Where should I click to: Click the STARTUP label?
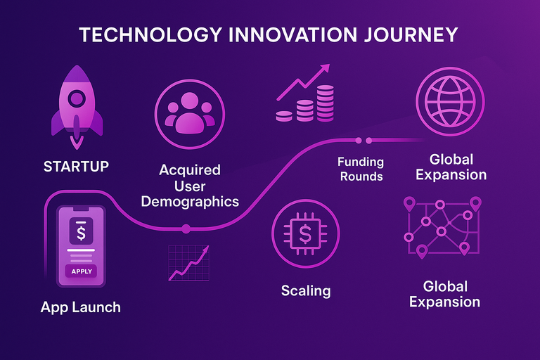pos(76,167)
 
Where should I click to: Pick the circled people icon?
pos(190,110)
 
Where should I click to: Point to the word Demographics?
pos(190,201)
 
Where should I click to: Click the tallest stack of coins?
pos(326,101)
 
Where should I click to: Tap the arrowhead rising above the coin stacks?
pos(324,69)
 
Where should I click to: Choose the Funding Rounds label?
pos(361,169)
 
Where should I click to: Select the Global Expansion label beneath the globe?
pos(451,167)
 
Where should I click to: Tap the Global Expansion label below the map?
pos(444,294)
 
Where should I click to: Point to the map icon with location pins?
pos(442,226)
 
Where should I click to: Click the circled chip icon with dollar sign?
pos(305,234)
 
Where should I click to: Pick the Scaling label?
pos(306,290)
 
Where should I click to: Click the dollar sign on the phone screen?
pos(82,230)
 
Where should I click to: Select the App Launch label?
pos(80,307)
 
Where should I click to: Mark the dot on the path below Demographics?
pos(186,229)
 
